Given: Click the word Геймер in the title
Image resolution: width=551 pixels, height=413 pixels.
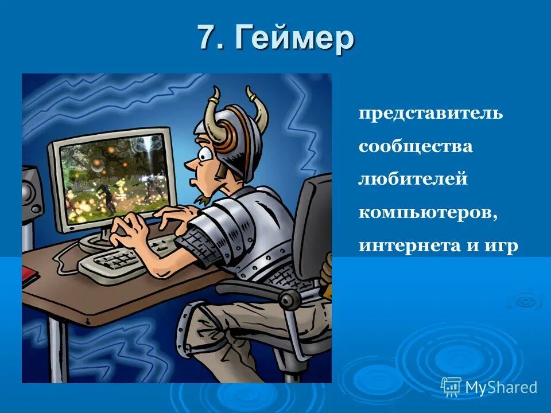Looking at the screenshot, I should tap(294, 39).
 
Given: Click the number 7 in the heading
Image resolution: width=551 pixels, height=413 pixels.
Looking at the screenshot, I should tap(208, 38).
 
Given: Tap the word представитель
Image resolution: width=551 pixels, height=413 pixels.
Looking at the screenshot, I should tap(430, 113).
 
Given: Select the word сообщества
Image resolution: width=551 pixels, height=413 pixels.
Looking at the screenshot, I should tap(416, 146).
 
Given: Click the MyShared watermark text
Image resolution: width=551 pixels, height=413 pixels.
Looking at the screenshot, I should tap(500, 387).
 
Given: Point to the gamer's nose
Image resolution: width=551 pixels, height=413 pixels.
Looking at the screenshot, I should tap(190, 165).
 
